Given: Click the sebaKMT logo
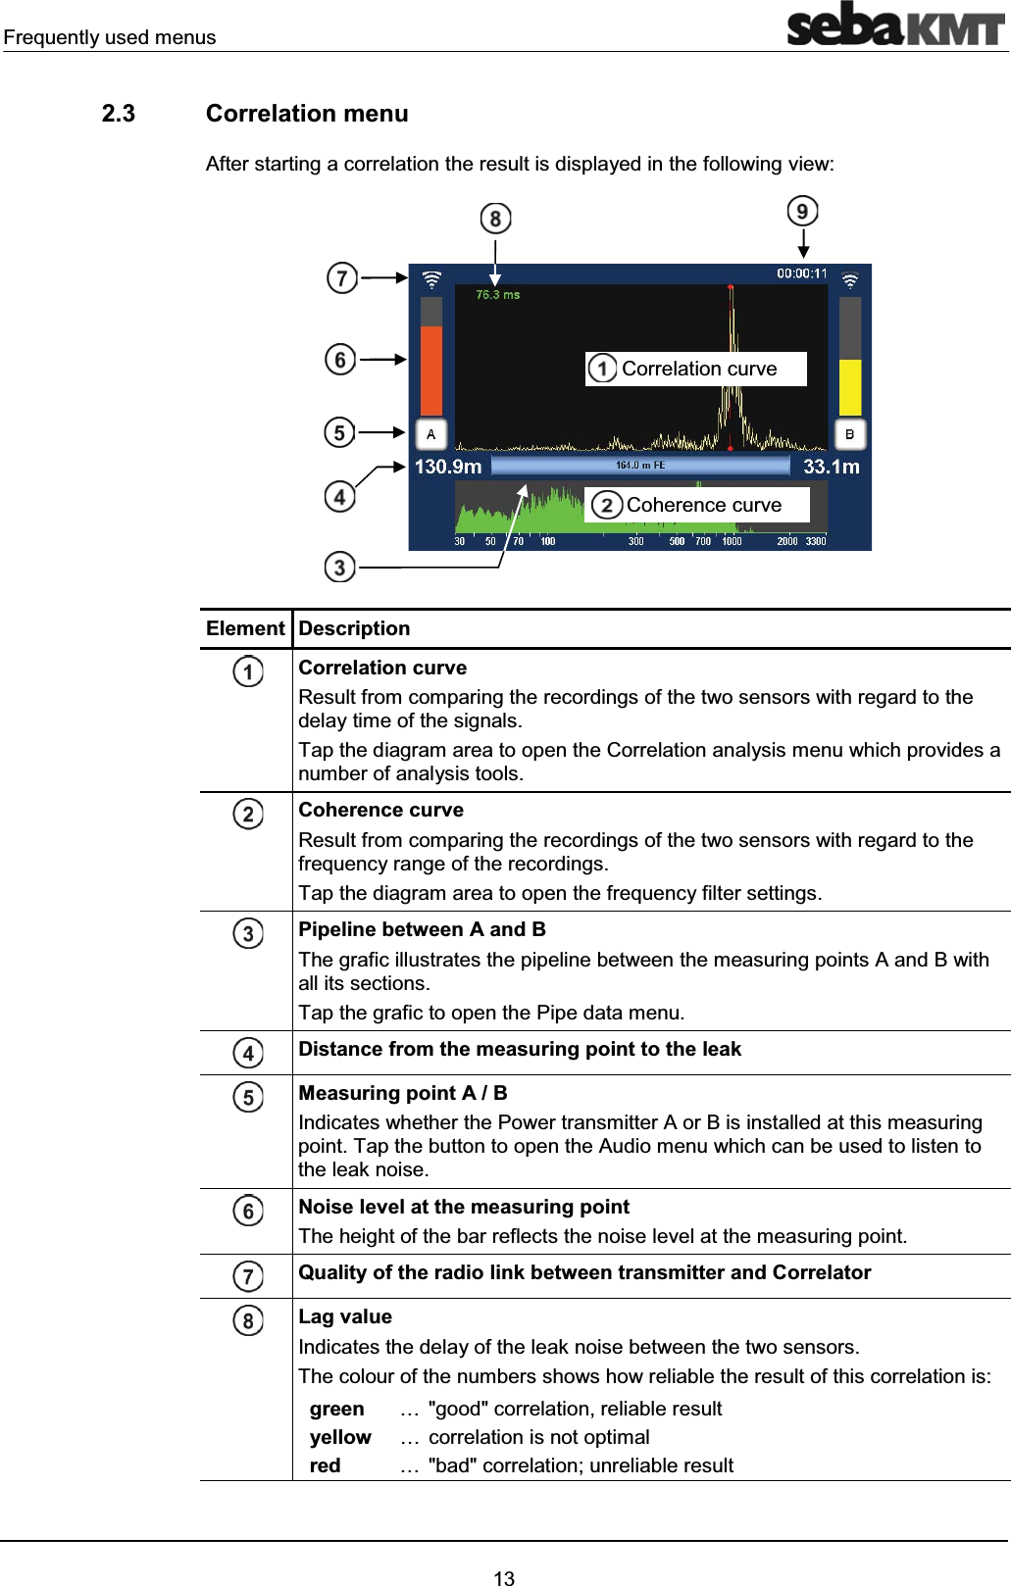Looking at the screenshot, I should pos(895,25).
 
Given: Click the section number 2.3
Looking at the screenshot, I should pos(119,114).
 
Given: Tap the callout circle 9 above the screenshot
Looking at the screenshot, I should pos(802,211).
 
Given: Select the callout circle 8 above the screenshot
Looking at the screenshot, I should pos(495,219).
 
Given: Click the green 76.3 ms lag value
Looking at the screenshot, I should pos(497,294).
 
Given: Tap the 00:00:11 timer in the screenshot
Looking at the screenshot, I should pos(801,273).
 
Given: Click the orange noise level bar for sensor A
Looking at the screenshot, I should pos(431,371).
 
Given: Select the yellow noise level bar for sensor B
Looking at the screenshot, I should pos(850,387).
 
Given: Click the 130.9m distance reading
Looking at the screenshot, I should pos(448,467).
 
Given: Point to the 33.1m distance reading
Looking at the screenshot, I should pos(831,467).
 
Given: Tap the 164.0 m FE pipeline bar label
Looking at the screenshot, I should pos(639,466).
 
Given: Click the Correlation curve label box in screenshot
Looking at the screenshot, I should pos(696,369).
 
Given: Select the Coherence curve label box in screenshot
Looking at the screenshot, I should pos(698,505).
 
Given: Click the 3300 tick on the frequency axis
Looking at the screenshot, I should pos(816,541).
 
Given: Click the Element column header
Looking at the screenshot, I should pos(245,629).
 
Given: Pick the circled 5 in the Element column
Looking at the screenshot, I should pos(248,1097).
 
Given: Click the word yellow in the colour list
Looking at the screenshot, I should pos(340,1437).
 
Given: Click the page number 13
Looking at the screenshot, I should pos(504,1577).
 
